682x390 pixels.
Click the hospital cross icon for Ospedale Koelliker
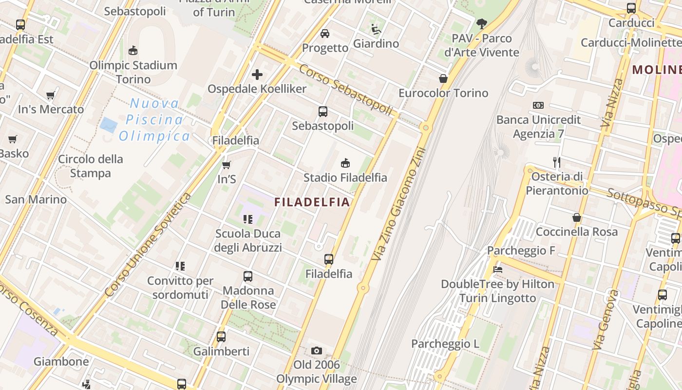pos(257,75)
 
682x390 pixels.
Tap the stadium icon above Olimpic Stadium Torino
pos(133,50)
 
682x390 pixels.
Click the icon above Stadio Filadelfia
pos(345,163)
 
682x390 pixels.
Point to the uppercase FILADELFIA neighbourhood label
pos(312,202)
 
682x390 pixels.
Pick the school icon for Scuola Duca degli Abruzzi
pos(248,219)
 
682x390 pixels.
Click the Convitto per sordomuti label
pos(180,288)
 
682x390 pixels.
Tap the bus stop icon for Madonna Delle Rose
pos(248,276)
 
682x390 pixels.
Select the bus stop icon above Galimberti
pos(221,336)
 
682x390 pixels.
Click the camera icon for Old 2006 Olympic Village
pos(317,351)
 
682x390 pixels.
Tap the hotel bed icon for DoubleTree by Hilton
pos(497,269)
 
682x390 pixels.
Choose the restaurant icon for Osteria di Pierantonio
pos(557,162)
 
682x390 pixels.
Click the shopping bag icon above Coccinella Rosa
pos(577,217)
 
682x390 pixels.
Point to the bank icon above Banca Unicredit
pos(538,105)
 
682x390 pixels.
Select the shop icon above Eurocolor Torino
pos(443,78)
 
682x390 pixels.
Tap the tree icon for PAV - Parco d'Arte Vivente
pos(482,23)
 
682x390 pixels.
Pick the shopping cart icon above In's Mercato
pos(51,95)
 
